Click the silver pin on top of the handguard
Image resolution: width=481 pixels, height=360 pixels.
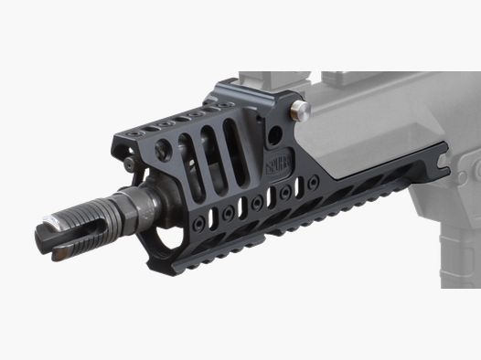click(x=300, y=111)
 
